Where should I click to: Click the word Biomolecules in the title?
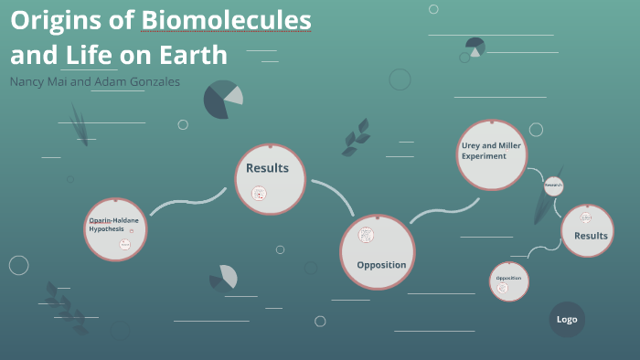point(226,19)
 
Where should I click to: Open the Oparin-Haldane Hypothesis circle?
point(115,228)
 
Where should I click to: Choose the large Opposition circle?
point(378,251)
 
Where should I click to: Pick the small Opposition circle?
point(509,281)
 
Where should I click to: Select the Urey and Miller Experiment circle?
point(493,154)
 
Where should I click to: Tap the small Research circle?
point(553,186)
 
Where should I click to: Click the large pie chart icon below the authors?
point(222,99)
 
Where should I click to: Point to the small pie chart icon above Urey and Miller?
point(475,47)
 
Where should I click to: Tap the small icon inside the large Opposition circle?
point(367,234)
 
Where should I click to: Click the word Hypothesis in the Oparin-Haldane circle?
point(107,228)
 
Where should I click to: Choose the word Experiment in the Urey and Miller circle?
point(483,157)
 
